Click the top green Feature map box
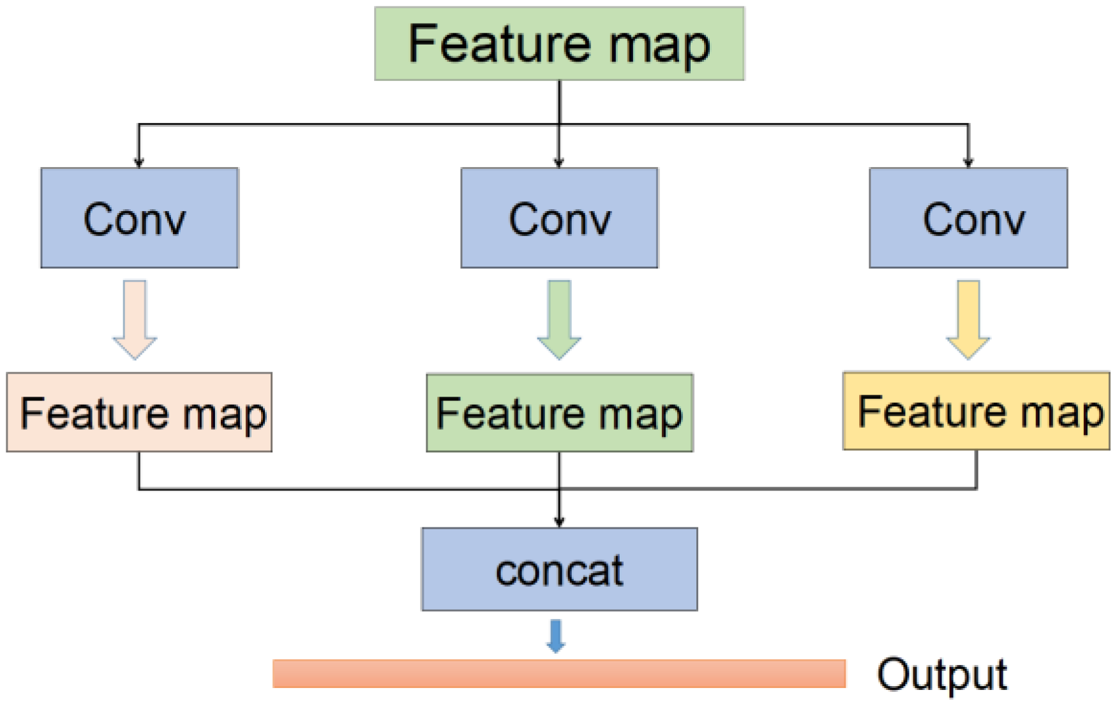click(x=559, y=44)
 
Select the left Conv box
click(x=139, y=218)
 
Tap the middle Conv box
click(x=559, y=218)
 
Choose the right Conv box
click(x=968, y=218)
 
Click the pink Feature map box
click(x=139, y=413)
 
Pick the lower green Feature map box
click(x=559, y=413)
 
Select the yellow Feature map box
click(x=976, y=411)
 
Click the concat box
click(x=559, y=569)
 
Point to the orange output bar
click(x=559, y=674)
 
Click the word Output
click(x=941, y=675)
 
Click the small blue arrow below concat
click(x=556, y=636)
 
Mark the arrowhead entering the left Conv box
click(x=139, y=163)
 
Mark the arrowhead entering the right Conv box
click(x=968, y=163)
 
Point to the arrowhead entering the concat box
click(x=559, y=522)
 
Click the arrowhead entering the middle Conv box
click(x=559, y=163)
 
